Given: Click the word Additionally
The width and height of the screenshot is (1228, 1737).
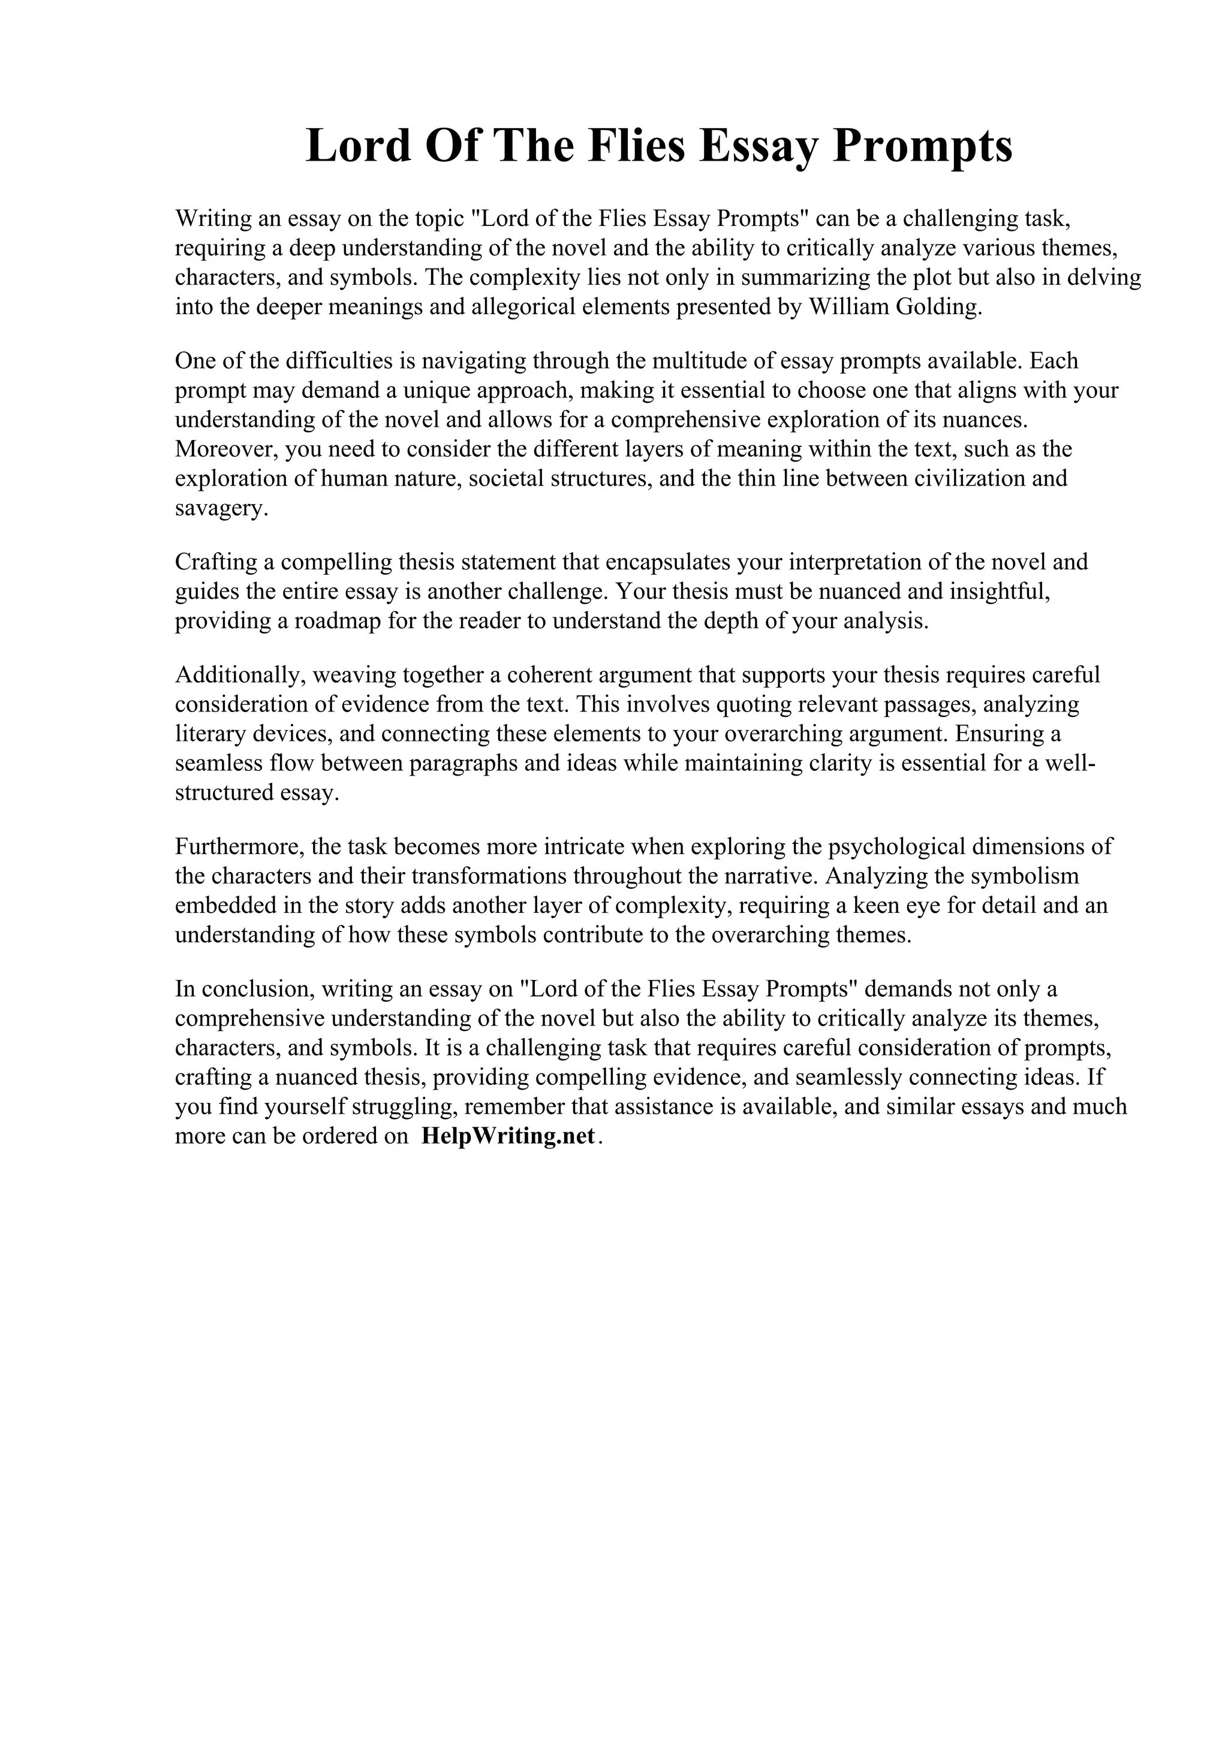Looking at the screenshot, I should click(240, 675).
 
